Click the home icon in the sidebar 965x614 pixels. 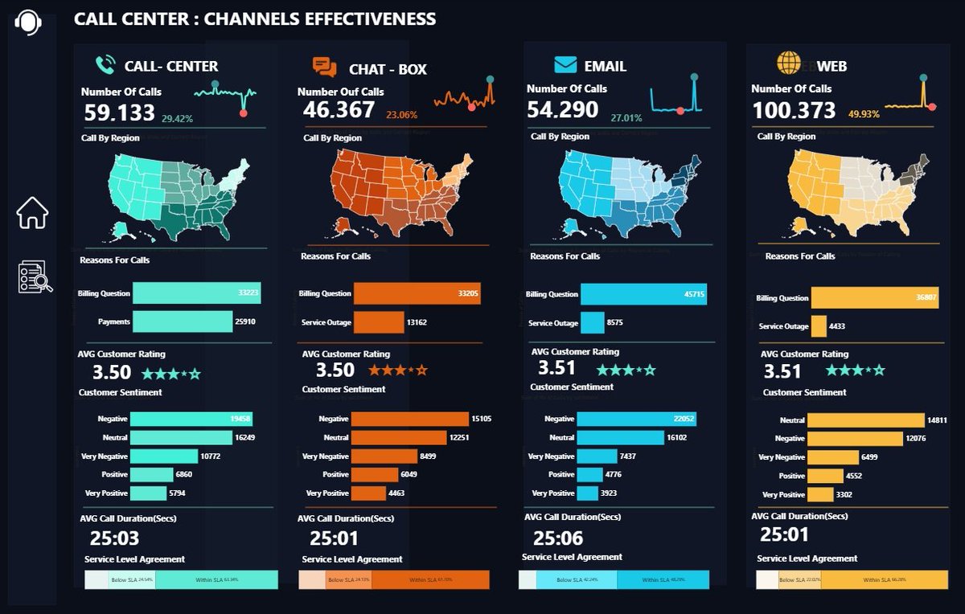[32, 213]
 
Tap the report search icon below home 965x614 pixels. [35, 277]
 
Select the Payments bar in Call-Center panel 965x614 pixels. [183, 321]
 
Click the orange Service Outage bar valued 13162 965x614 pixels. [378, 322]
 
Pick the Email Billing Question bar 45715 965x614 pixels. [643, 294]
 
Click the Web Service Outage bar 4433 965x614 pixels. [819, 326]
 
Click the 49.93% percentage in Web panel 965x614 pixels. [864, 115]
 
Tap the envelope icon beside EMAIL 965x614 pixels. [565, 65]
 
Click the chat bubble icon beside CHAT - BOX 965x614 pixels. [324, 68]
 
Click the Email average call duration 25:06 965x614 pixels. [558, 538]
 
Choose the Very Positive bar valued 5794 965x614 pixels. [148, 493]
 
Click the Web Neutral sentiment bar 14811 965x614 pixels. [865, 420]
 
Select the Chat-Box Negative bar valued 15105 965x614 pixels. [409, 419]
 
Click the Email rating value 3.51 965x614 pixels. [557, 368]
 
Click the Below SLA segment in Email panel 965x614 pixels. [576, 579]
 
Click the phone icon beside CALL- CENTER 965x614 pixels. [105, 65]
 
